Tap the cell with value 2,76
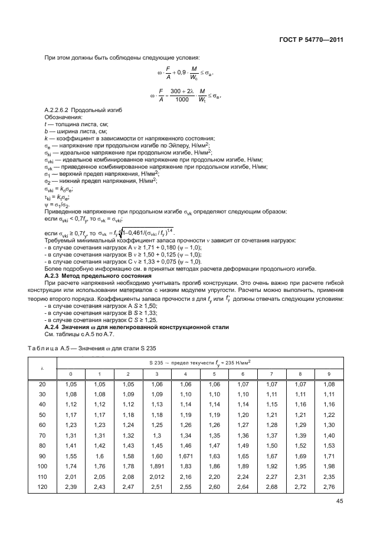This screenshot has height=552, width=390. [329, 486]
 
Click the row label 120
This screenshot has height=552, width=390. [42, 486]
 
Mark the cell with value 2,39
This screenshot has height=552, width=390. [70, 486]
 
